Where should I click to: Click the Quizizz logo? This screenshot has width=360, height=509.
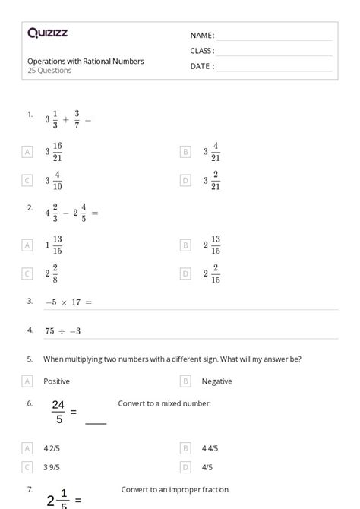47,33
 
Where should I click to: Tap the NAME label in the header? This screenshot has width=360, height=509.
201,36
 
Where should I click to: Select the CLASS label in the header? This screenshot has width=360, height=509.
202,51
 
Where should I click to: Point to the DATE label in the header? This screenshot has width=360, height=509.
201,66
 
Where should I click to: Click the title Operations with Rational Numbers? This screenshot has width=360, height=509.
86,61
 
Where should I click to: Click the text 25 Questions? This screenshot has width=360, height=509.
49,71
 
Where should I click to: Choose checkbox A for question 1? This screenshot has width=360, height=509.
27,152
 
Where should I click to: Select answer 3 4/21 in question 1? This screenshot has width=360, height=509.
212,152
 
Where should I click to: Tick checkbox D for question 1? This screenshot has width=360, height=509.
185,180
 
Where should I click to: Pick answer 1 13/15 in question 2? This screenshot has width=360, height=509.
54,245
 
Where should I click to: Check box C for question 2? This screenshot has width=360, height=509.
27,273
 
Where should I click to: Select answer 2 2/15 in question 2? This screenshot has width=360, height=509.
212,273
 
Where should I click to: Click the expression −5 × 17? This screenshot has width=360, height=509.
68,302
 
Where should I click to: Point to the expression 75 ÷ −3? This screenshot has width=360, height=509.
62,331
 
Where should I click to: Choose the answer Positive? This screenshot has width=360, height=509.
57,381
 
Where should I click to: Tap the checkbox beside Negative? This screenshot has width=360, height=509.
185,381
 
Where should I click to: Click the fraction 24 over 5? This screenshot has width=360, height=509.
58,411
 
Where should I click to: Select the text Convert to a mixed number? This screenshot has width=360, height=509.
165,403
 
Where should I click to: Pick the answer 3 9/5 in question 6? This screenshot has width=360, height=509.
52,467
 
